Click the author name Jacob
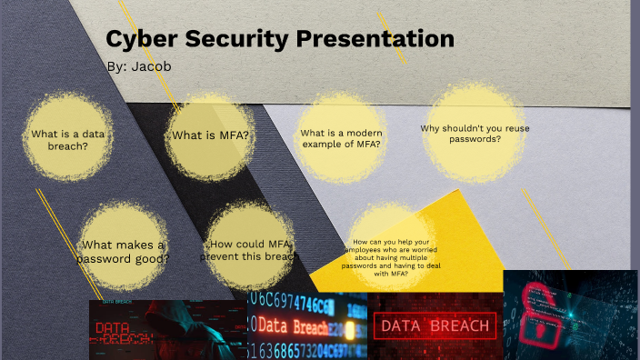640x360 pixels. point(151,66)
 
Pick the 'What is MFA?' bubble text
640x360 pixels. point(210,135)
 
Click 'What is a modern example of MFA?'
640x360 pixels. point(340,138)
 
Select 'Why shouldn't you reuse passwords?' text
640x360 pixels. point(475,134)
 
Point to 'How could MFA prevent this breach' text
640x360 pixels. point(249,250)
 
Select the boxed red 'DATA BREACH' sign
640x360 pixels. point(435,325)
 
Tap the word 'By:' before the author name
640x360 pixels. point(116,66)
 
